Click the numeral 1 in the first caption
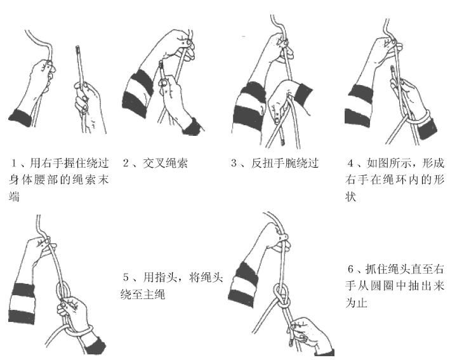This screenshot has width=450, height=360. pyautogui.click(x=13, y=163)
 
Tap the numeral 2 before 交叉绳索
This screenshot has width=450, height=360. pyautogui.click(x=126, y=163)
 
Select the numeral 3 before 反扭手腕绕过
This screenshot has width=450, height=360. pyautogui.click(x=234, y=163)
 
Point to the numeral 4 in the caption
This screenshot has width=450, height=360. pyautogui.click(x=350, y=163)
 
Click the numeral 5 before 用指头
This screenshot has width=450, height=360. pyautogui.click(x=126, y=277)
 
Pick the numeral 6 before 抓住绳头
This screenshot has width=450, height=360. pyautogui.click(x=351, y=269)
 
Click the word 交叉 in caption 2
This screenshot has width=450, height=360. pyautogui.click(x=154, y=163)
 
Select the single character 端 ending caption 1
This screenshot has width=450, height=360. pyautogui.click(x=14, y=197)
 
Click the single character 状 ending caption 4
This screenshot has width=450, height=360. pyautogui.click(x=350, y=197)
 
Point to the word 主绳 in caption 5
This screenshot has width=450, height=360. pyautogui.click(x=154, y=294)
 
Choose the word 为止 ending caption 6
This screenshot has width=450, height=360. pyautogui.click(x=356, y=303)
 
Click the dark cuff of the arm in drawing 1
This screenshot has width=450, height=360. pyautogui.click(x=20, y=117)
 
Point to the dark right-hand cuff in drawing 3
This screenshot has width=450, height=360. pyautogui.click(x=303, y=94)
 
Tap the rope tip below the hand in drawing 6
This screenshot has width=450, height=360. pyautogui.click(x=291, y=342)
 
